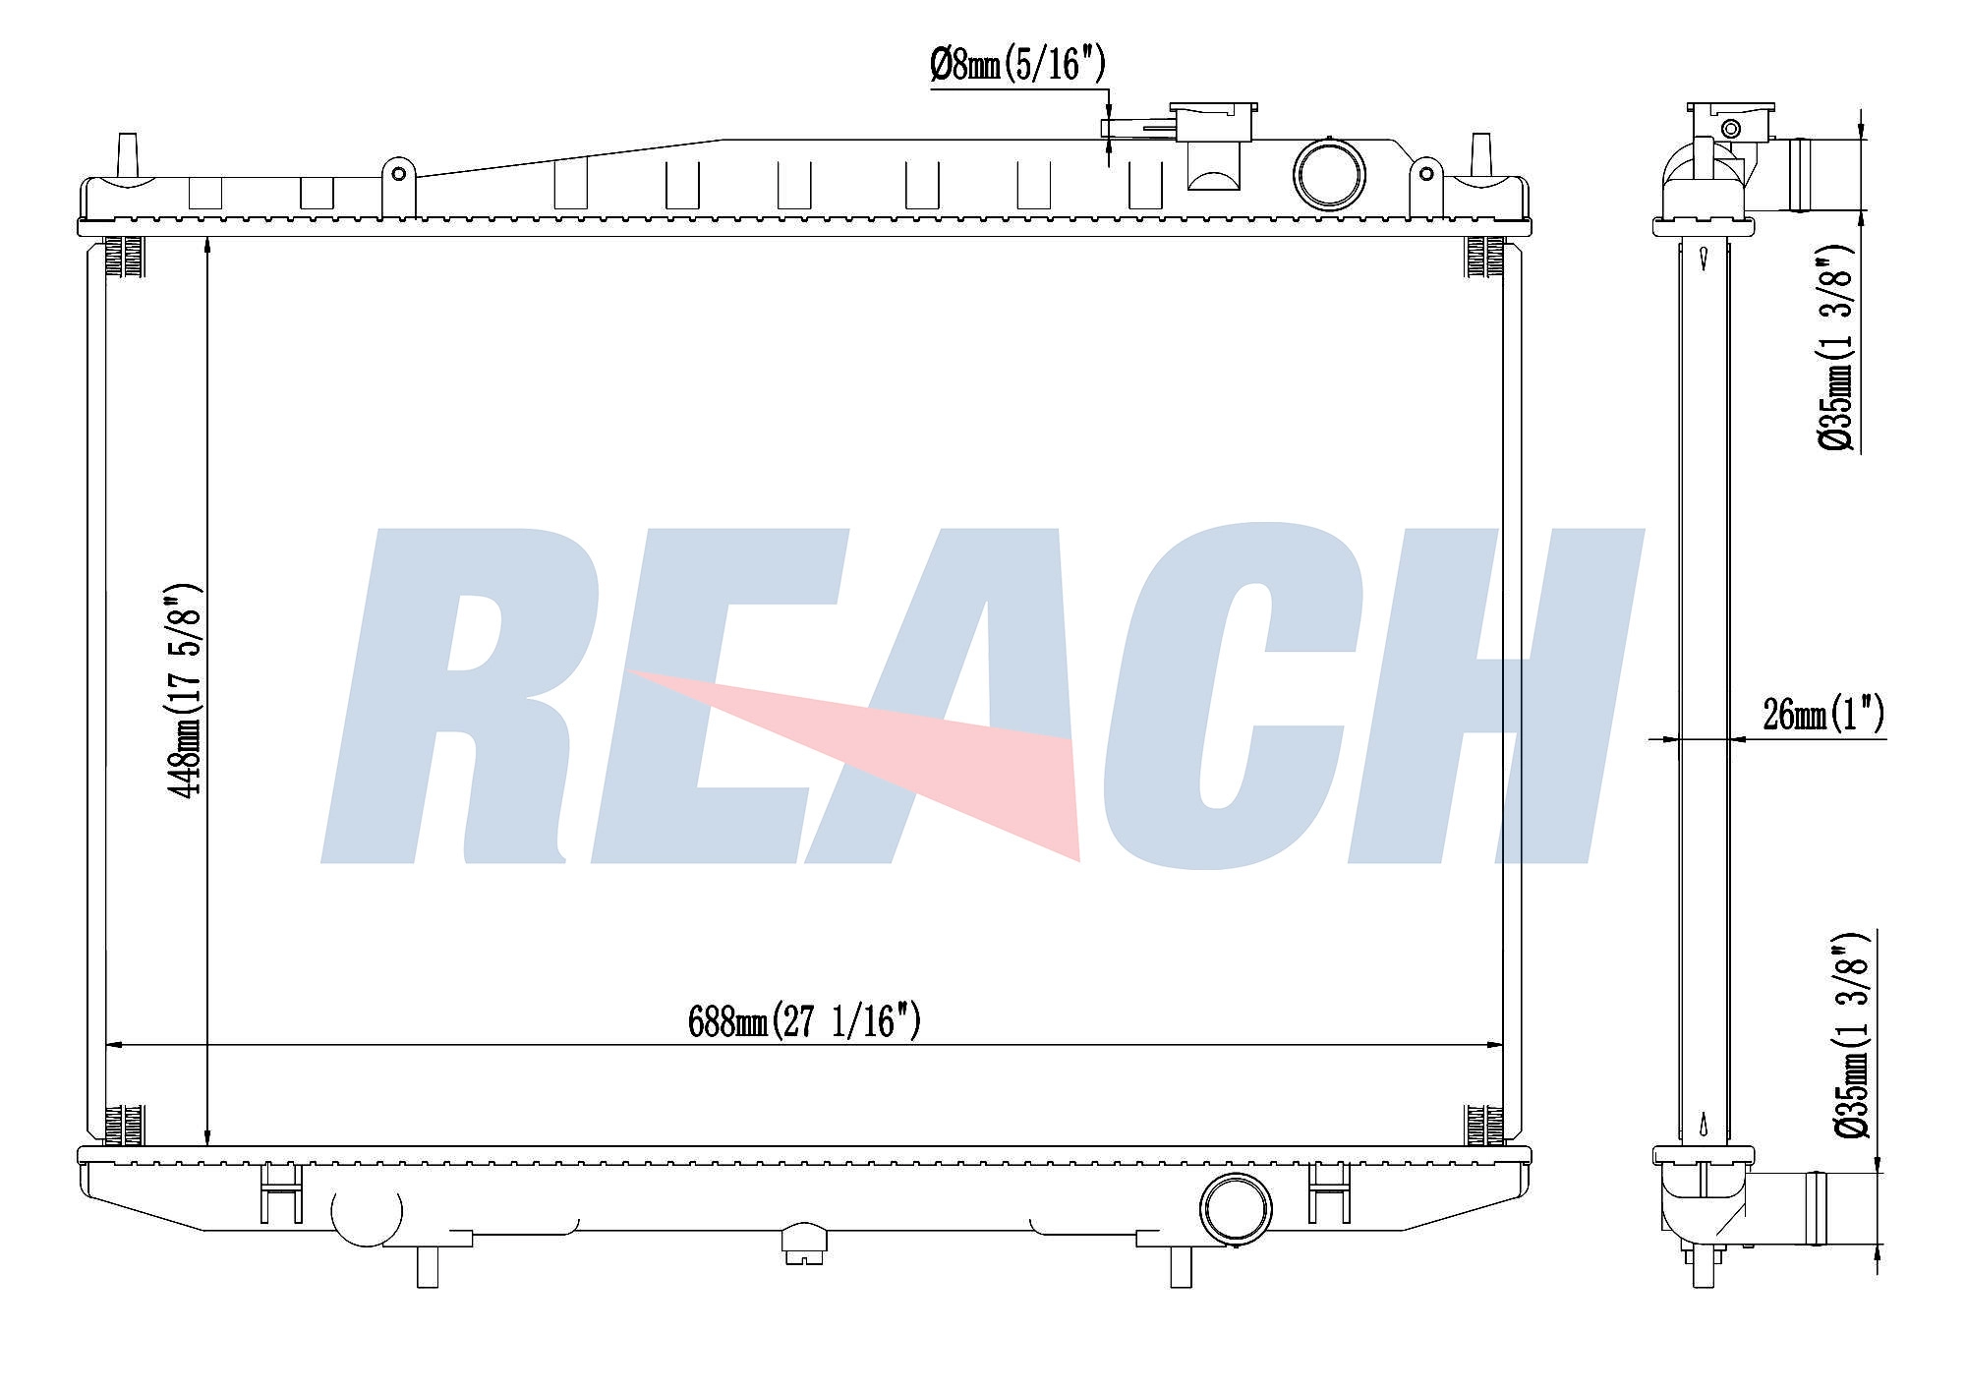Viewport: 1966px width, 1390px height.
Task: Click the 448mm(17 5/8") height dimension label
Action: click(187, 690)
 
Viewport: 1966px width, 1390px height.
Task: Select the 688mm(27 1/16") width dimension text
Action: click(804, 1021)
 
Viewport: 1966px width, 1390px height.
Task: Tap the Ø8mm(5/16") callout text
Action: click(1017, 65)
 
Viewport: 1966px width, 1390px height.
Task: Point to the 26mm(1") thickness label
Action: click(1823, 713)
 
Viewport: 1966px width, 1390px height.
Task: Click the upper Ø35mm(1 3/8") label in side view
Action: click(1836, 349)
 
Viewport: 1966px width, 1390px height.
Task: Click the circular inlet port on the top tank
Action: click(1329, 174)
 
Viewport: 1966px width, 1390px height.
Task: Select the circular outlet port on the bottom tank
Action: click(1236, 1208)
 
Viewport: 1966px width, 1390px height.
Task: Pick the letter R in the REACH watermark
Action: click(462, 698)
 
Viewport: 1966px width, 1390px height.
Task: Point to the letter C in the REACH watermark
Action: click(1229, 698)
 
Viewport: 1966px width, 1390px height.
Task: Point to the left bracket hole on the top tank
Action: click(398, 174)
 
